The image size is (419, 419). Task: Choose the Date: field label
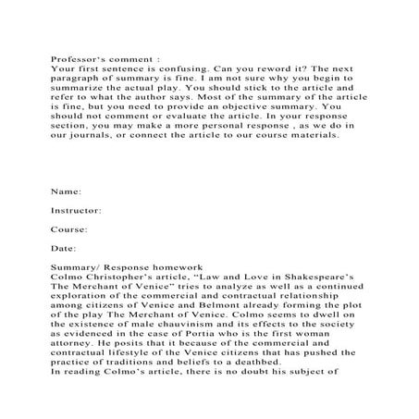(x=63, y=249)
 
